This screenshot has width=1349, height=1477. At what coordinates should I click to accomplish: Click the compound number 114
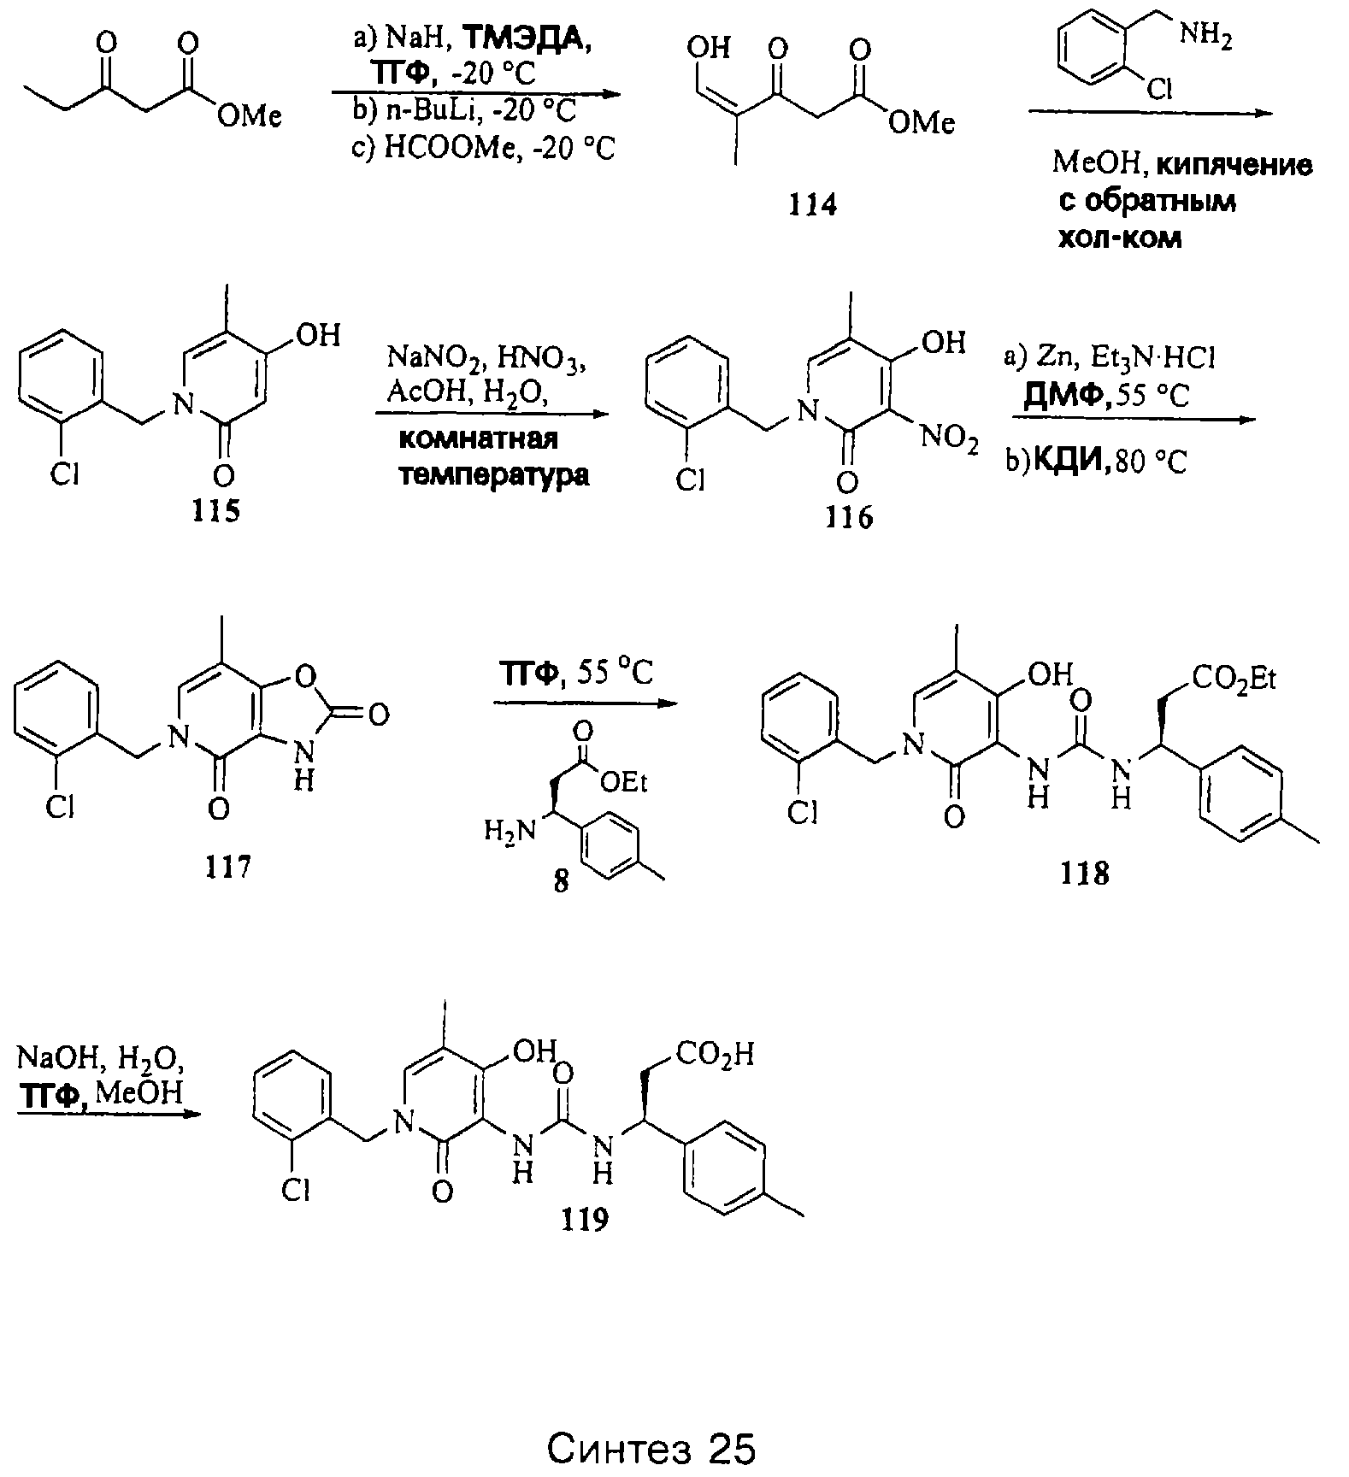[813, 204]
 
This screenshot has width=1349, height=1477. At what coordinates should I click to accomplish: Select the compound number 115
[217, 510]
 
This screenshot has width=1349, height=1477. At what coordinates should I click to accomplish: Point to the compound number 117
[228, 866]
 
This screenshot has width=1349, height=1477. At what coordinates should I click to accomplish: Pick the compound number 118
[1085, 873]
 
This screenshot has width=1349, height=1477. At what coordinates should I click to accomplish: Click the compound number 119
[586, 1220]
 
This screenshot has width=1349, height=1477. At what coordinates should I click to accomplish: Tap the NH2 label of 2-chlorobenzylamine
[1205, 38]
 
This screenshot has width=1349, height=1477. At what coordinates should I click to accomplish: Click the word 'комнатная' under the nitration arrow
[479, 438]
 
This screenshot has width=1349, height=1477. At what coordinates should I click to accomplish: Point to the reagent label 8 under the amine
[561, 881]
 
